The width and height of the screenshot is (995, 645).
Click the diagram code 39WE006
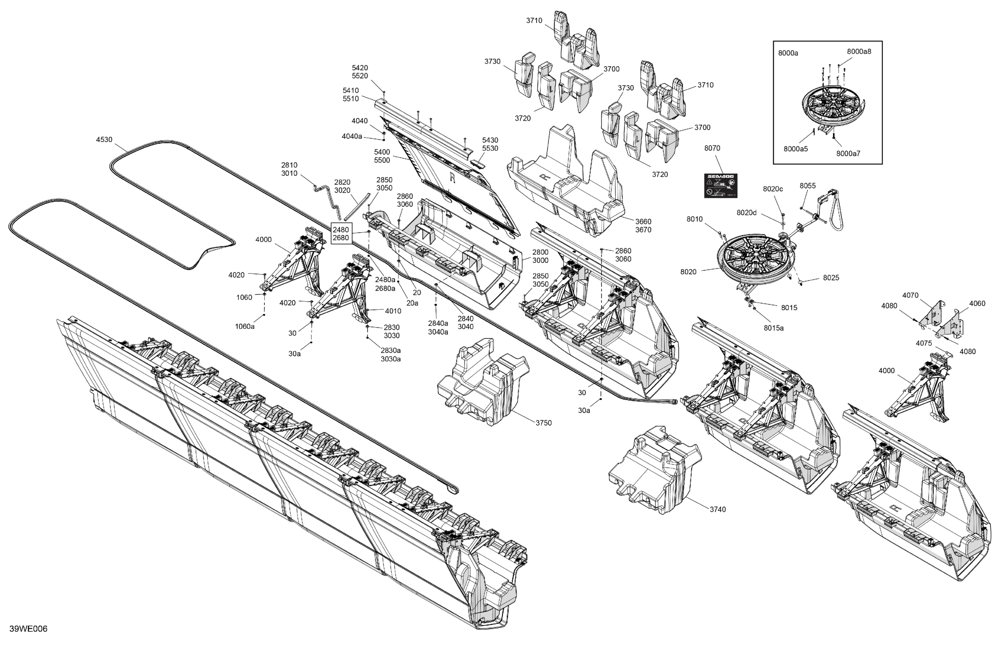29,629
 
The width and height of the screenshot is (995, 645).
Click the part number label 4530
104,140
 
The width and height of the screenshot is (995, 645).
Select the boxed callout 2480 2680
341,234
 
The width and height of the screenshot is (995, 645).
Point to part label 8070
712,148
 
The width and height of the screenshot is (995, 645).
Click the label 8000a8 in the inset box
859,52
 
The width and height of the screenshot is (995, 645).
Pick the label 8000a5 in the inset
795,149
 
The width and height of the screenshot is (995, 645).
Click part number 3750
544,423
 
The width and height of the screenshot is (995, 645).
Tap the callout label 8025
831,278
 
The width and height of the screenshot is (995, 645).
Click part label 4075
924,343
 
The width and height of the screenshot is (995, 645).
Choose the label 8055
808,186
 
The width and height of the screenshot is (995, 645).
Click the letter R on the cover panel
452,178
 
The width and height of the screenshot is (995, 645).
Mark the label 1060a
244,326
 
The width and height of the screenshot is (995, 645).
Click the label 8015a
774,328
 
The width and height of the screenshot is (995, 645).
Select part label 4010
393,311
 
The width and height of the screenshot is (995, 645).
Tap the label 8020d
747,213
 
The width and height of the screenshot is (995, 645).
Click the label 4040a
352,136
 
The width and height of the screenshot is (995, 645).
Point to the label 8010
695,219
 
